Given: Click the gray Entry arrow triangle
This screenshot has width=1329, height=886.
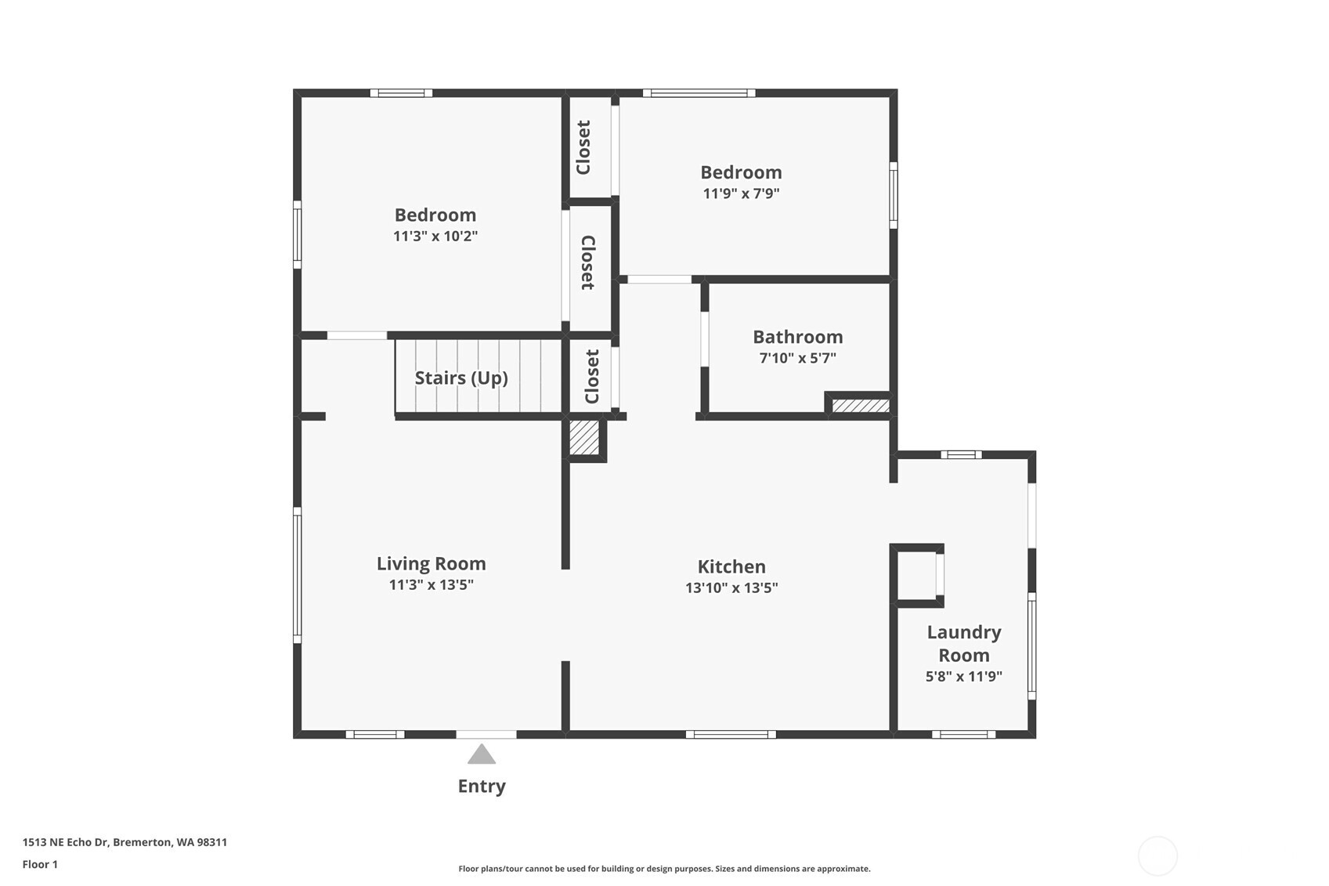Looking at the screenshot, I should coord(482,754).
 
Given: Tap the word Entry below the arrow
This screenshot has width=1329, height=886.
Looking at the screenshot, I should coord(482,786).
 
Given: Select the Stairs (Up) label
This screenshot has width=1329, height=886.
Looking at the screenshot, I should coord(461,378).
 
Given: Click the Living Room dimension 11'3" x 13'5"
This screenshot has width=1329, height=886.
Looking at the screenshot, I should coord(432,584).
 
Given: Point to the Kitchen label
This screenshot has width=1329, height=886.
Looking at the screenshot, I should coord(731,566).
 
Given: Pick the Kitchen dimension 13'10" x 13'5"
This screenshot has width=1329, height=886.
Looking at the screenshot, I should coord(731,588).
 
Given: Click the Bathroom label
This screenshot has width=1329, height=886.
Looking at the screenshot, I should coord(798,337).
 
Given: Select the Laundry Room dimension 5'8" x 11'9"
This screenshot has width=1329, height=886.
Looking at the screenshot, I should coord(964,676).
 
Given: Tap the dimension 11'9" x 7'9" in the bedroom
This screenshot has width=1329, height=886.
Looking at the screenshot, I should coord(741,193).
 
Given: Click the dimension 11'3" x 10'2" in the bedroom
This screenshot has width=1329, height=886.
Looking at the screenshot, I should coord(435,236).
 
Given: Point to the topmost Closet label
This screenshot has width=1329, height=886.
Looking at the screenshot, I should coord(583,147).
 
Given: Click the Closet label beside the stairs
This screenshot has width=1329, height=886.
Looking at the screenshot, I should coord(592,377).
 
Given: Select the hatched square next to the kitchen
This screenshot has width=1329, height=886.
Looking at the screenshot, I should coord(584,438).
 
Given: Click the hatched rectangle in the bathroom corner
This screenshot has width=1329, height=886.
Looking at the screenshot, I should coord(860,406).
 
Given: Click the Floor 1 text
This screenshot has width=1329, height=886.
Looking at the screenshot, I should coord(40,864).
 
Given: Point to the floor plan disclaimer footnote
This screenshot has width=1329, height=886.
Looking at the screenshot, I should coord(664,868).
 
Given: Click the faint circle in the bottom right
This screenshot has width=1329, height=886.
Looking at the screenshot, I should coord(1157,855).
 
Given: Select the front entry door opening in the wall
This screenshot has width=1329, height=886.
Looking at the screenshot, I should coord(486,734).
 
